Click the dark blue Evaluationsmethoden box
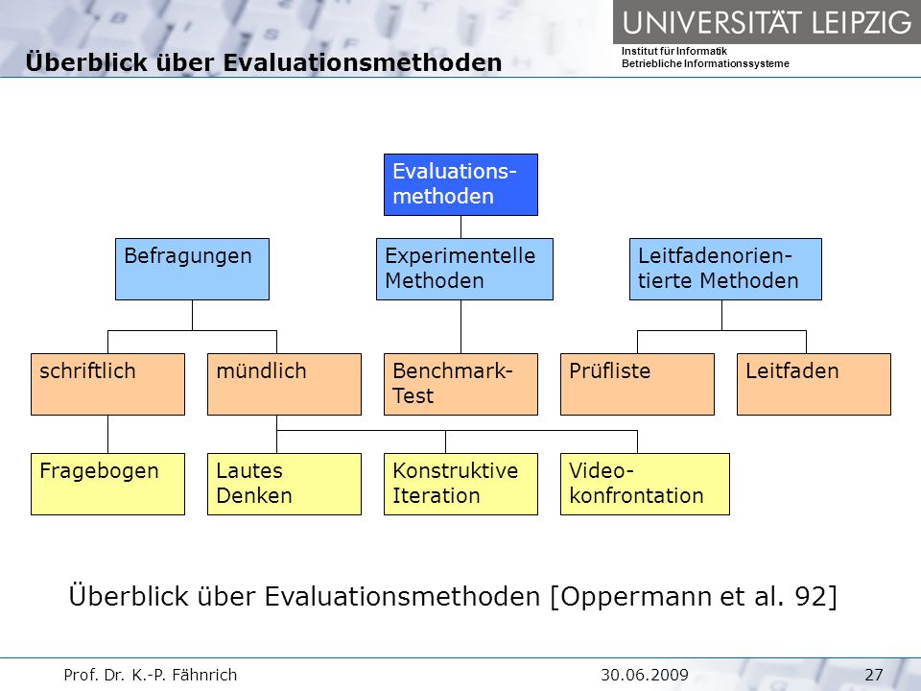point(460,184)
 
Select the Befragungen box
point(192,269)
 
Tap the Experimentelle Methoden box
point(464,269)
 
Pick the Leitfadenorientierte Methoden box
point(725,269)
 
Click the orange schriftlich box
point(107,384)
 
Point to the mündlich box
point(284,384)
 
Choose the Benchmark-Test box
point(460,384)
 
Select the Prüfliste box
point(637,384)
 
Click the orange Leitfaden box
point(815,384)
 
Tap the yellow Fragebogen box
point(107,484)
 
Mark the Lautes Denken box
point(284,484)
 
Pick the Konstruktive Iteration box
point(460,484)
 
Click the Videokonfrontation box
point(645,484)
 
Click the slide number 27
point(874,675)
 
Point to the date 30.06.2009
point(645,675)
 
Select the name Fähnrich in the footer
point(205,675)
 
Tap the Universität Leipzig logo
point(767,22)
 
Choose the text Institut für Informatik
point(674,51)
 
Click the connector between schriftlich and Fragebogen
point(107,434)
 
